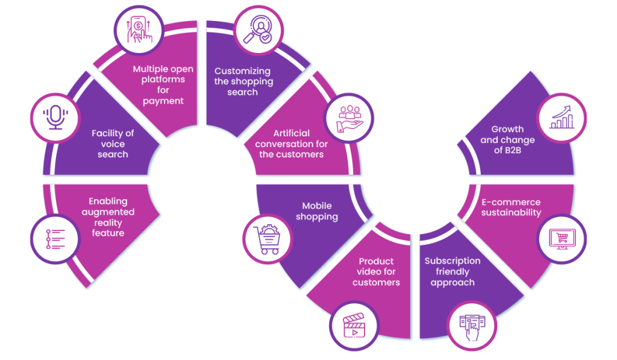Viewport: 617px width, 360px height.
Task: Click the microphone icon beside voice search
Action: coord(55,117)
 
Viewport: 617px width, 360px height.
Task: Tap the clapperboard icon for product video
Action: coord(354,325)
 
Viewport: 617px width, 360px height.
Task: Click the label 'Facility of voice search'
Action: coord(113,144)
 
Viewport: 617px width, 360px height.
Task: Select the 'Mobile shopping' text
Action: coord(316,211)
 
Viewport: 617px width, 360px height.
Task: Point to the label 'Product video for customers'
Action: coord(376,271)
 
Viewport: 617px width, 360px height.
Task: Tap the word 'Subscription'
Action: coord(453,261)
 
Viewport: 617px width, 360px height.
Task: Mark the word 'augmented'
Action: coord(108,212)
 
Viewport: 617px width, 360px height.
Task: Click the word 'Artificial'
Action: coord(291,133)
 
